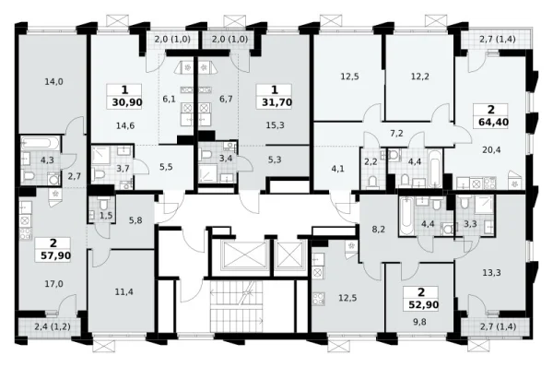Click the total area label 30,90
(x=127, y=102)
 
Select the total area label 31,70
(x=276, y=102)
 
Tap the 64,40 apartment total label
(x=493, y=123)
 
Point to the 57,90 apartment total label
(x=55, y=255)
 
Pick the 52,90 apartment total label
(x=424, y=304)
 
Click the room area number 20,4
(x=492, y=150)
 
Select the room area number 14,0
(x=54, y=82)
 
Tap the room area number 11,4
(x=124, y=291)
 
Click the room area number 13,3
(x=492, y=272)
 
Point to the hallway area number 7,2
(x=396, y=134)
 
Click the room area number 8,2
(x=379, y=230)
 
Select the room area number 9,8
(x=420, y=322)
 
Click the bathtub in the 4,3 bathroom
(x=36, y=143)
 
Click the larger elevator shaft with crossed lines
(x=243, y=256)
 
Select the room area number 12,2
(x=419, y=77)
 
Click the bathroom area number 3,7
(x=123, y=168)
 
